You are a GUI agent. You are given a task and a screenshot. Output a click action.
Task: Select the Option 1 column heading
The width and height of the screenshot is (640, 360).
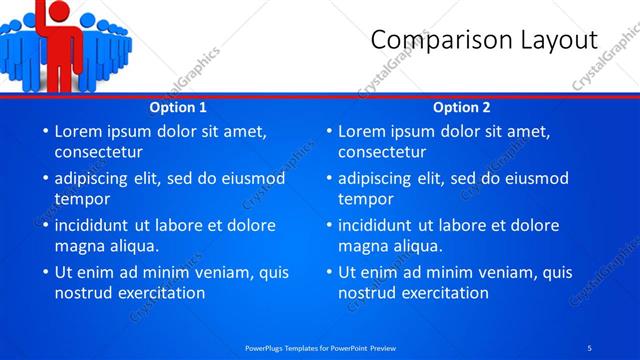coord(178,107)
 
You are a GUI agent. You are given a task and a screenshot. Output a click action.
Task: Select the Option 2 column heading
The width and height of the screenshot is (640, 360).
coord(462,107)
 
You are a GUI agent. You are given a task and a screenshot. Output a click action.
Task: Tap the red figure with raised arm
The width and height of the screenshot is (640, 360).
coord(61,40)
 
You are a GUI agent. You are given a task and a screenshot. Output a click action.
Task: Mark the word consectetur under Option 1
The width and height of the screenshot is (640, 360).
coord(98,152)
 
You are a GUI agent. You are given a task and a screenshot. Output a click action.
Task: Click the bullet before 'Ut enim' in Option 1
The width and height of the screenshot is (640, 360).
coord(44,272)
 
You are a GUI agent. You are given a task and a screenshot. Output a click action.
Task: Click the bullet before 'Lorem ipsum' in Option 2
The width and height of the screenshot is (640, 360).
coord(328,131)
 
